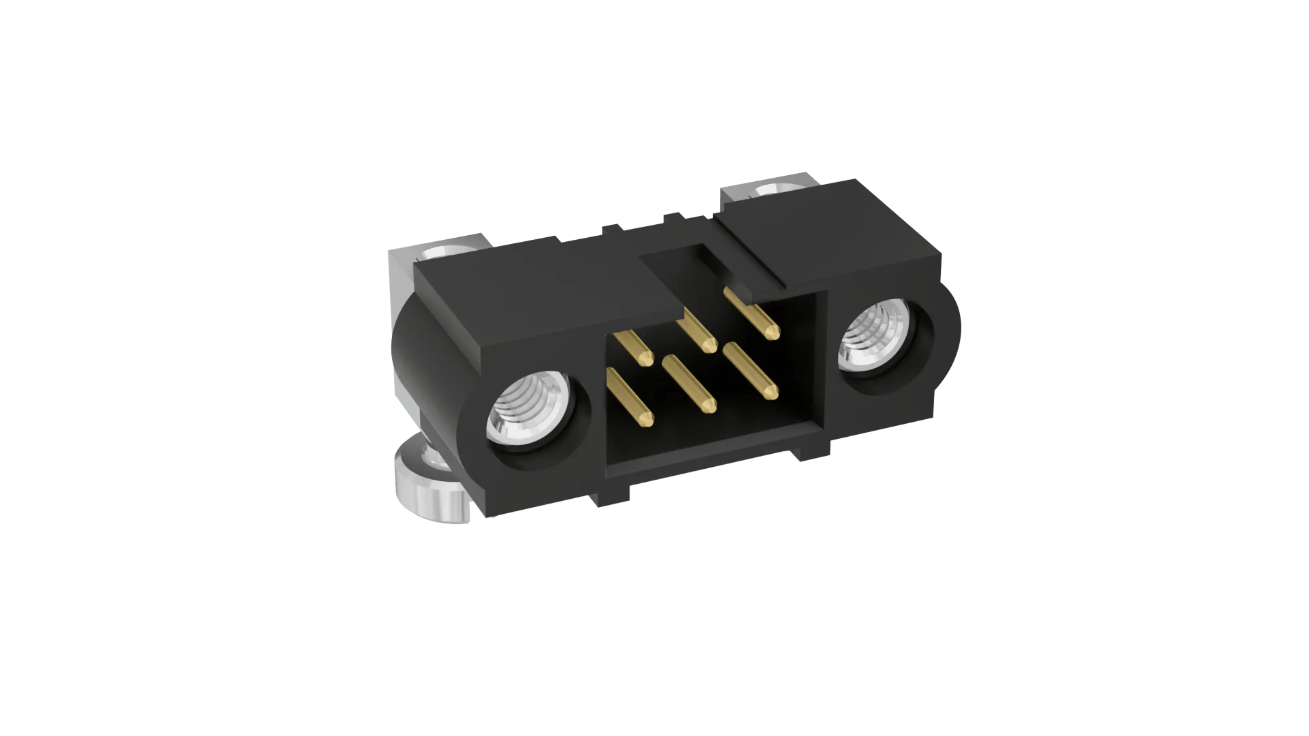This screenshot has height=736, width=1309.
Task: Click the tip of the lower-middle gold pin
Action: [710, 407]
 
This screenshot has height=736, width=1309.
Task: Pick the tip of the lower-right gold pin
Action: [772, 393]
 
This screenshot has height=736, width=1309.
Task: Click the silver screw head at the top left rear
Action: [450, 251]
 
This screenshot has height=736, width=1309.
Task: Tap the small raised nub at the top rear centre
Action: [672, 218]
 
